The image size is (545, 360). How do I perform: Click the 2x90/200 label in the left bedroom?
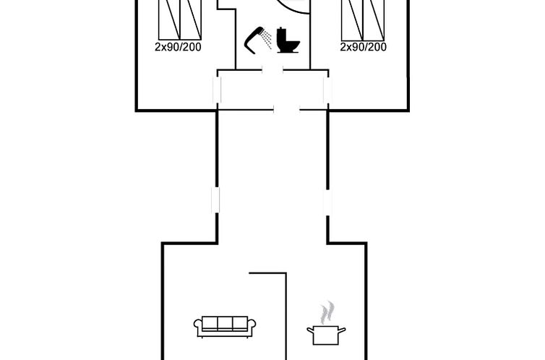178,47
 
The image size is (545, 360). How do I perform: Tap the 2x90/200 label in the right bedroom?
364,47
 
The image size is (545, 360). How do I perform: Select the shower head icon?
254,40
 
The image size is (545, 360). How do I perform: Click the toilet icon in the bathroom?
288,40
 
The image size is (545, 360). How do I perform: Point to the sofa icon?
225,327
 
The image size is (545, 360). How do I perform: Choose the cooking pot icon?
326,335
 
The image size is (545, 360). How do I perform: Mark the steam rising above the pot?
327,312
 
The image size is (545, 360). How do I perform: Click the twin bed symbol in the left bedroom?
180,20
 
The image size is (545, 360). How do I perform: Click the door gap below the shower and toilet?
272,70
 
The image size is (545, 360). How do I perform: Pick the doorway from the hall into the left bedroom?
217,90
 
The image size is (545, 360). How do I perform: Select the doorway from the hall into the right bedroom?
327,90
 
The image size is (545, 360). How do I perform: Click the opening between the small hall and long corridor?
287,110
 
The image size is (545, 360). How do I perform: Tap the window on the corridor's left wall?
216,200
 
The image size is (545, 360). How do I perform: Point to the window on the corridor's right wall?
327,202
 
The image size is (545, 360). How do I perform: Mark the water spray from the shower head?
267,39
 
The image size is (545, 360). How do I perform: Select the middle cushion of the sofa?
225,324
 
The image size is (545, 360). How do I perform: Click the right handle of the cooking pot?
342,330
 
